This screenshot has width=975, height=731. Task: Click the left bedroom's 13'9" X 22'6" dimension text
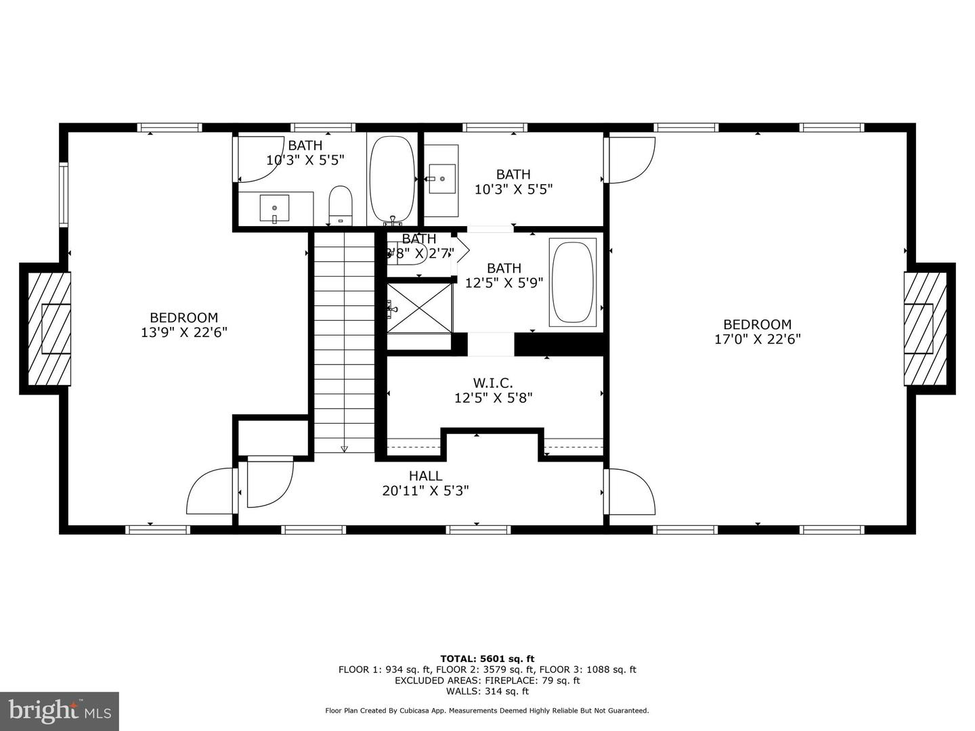point(183,332)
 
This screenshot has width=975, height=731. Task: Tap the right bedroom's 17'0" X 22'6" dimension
point(757,339)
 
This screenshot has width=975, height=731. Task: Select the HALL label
point(425,476)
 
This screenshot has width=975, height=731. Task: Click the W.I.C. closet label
point(493,383)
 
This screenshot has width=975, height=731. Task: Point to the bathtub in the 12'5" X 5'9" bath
point(573,282)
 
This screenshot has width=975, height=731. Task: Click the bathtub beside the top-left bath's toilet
point(391,179)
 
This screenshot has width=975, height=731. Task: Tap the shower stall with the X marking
point(419,308)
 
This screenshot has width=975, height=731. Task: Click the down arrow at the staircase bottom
point(344,447)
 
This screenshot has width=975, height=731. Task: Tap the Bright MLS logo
point(59,711)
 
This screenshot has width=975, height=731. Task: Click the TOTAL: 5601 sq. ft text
point(487,659)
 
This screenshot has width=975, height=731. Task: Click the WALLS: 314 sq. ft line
point(487,691)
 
